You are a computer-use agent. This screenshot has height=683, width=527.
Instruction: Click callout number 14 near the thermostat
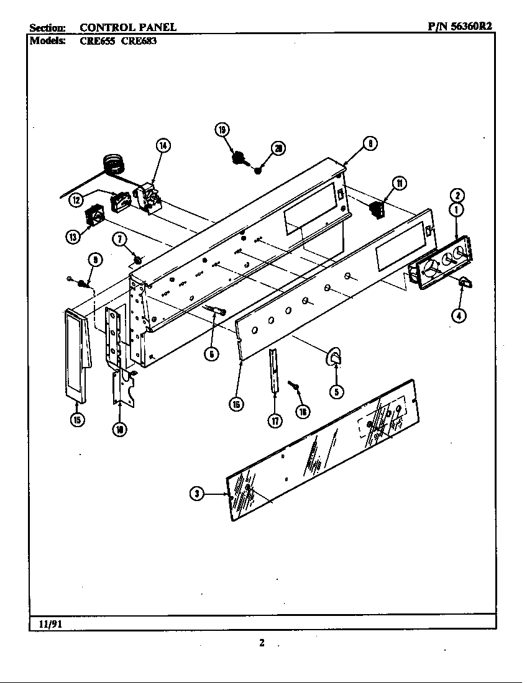click(163, 147)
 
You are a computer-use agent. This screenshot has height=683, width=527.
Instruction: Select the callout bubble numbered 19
click(222, 130)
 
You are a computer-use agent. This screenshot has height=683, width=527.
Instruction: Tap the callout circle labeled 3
click(197, 494)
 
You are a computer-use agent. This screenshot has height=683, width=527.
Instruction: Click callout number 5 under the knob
click(336, 391)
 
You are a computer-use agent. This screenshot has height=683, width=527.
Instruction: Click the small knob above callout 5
click(334, 356)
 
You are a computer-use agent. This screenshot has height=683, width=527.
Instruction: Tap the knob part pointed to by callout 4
click(464, 283)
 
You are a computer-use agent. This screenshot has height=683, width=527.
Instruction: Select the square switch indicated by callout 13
click(94, 218)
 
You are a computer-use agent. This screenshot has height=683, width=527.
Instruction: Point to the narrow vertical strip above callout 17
click(273, 371)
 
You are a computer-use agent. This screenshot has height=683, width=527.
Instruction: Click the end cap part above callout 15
click(76, 351)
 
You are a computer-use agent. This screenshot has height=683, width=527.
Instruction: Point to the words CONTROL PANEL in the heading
click(128, 27)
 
